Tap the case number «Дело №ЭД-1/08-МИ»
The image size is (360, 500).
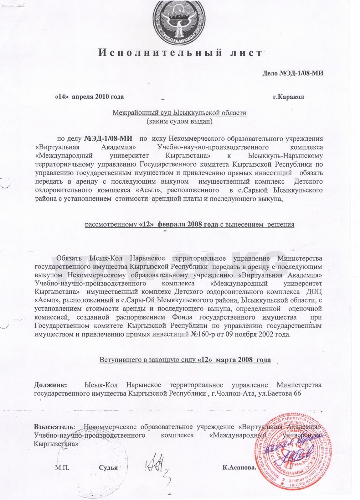click(x=292, y=73)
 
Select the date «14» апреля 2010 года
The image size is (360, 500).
click(x=89, y=96)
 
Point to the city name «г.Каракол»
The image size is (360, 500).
click(x=288, y=96)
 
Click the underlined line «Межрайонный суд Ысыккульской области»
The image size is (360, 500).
click(x=179, y=113)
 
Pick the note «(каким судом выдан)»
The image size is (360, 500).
click(x=179, y=121)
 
